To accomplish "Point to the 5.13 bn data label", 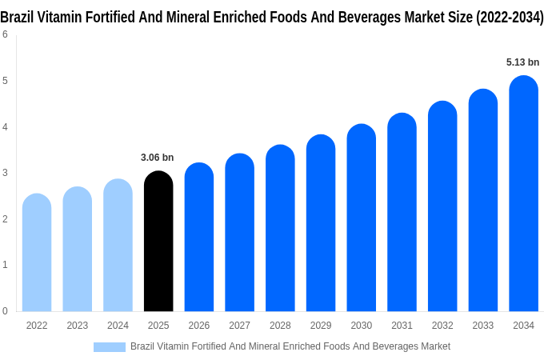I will coord(522,62).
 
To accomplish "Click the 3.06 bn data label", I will coord(157,158).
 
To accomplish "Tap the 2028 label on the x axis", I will coord(280,326).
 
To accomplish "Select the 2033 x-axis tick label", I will coord(482,326).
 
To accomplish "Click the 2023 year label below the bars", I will coord(78,326).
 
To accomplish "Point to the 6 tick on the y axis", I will coord(5,34).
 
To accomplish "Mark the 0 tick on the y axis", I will coord(5,310).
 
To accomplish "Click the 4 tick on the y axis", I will coord(5,126).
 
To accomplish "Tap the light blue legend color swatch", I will coord(110,347).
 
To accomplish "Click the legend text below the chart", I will coord(290,346).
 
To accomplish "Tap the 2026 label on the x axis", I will coord(199,326).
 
